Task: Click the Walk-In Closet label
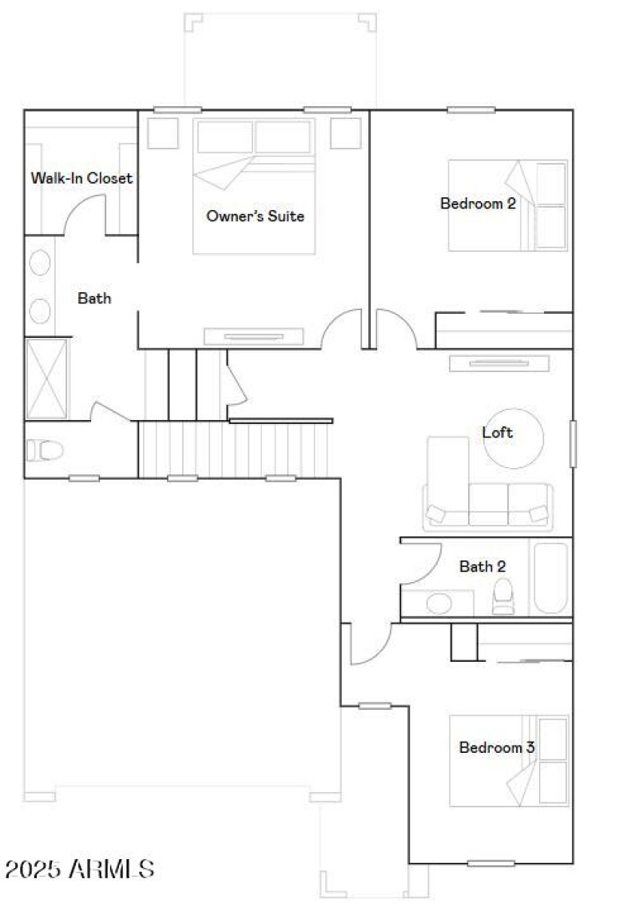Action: tap(81, 178)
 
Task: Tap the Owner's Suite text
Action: tap(255, 216)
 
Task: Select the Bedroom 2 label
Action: tap(478, 203)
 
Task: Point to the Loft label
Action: tap(498, 433)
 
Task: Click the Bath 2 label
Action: tap(482, 567)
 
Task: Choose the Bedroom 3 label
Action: tap(496, 748)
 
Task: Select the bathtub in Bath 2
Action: tap(550, 579)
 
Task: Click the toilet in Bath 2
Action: tap(503, 597)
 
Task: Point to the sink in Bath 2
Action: tap(439, 603)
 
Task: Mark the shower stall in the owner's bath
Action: tap(47, 378)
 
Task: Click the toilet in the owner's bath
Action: tap(45, 451)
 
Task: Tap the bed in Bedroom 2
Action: tap(508, 206)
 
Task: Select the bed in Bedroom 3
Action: tap(509, 760)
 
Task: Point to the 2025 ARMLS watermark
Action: tap(80, 868)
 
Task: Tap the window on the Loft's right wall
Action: tap(573, 443)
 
